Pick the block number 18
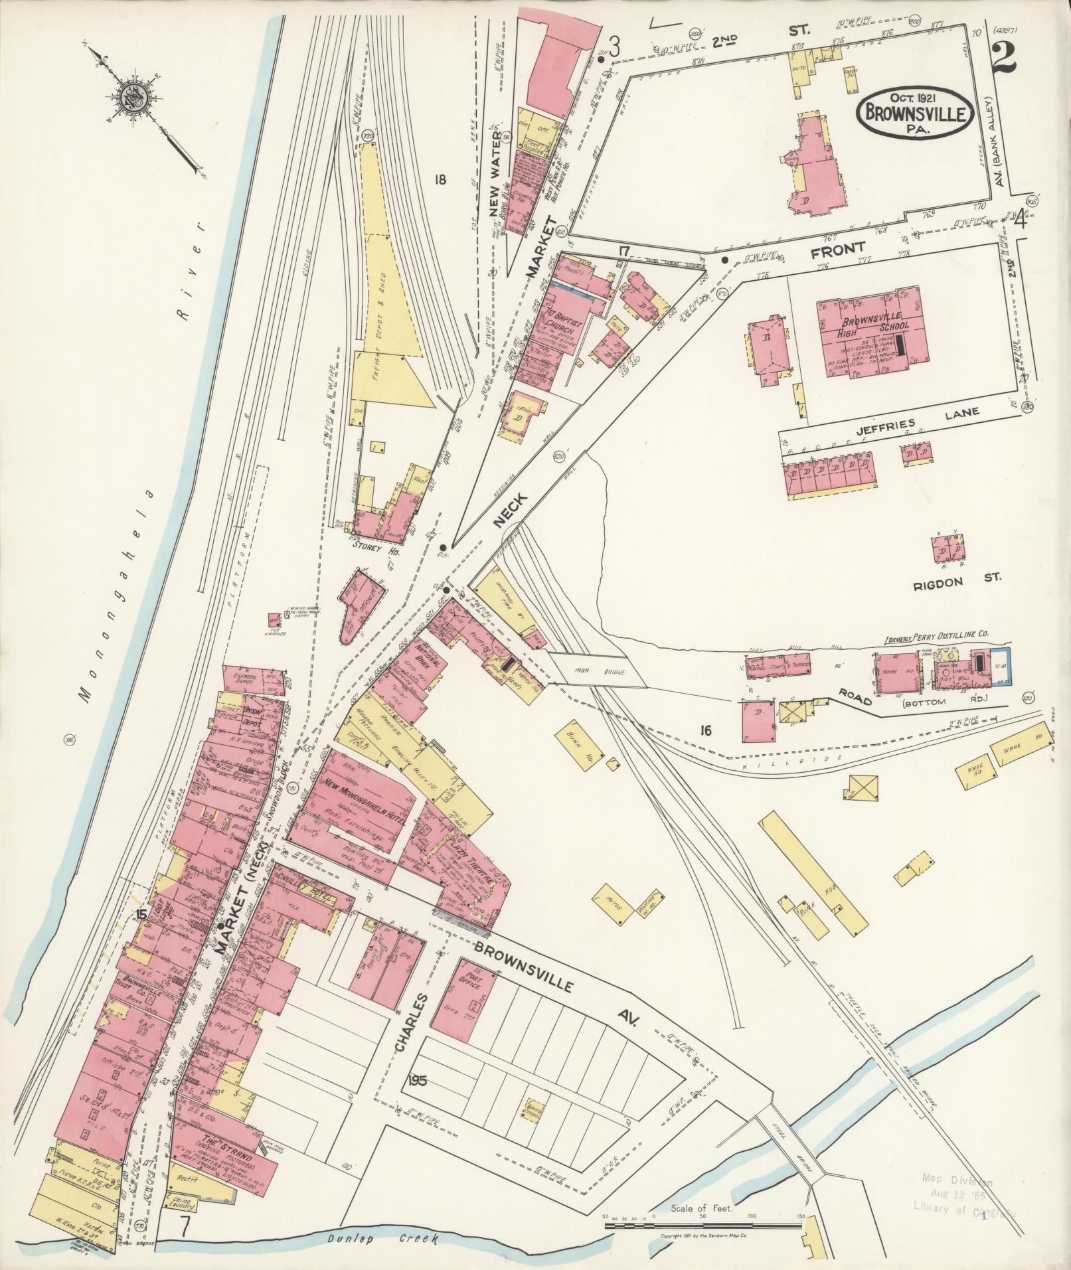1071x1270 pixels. coord(440,179)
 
